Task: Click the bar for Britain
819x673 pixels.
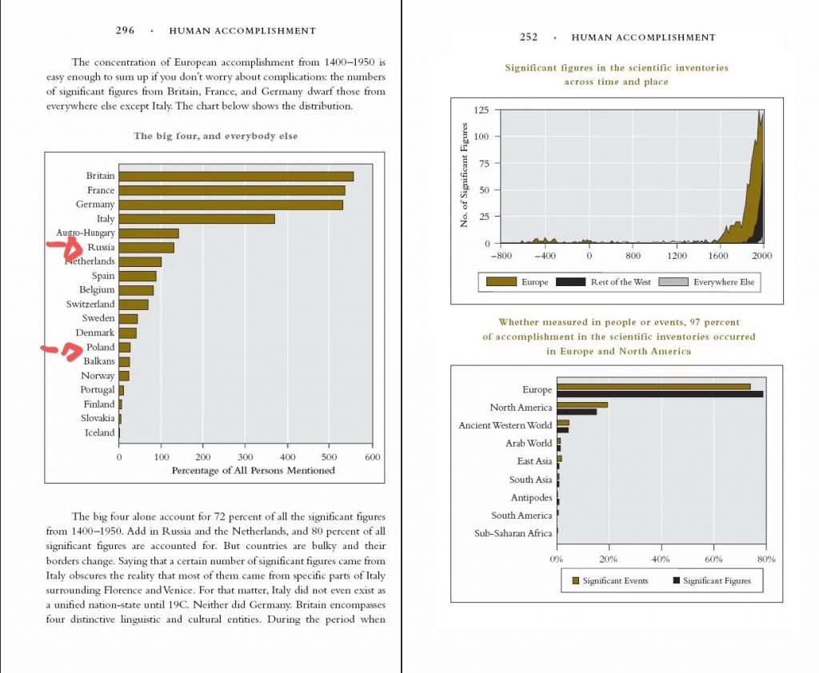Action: click(x=236, y=176)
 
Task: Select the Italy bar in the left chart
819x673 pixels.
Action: click(x=197, y=219)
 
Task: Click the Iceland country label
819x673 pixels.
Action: click(x=100, y=433)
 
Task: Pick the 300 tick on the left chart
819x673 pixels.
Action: click(x=246, y=457)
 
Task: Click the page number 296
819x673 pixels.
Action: click(x=125, y=31)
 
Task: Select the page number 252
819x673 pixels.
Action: click(x=529, y=38)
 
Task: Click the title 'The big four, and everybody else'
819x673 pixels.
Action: click(x=215, y=137)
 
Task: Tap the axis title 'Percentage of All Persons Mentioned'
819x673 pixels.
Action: click(x=253, y=471)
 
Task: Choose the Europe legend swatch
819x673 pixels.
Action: click(x=501, y=282)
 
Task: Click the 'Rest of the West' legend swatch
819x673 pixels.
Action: click(x=570, y=282)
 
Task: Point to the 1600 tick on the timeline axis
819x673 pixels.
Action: click(x=717, y=256)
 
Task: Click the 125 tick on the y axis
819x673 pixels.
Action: click(x=481, y=110)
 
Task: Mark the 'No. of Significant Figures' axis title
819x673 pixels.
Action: click(x=464, y=175)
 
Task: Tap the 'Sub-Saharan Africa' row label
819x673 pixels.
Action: click(x=513, y=534)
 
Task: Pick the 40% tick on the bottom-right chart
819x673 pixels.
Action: click(x=661, y=559)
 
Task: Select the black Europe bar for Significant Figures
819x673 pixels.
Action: click(x=660, y=394)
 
